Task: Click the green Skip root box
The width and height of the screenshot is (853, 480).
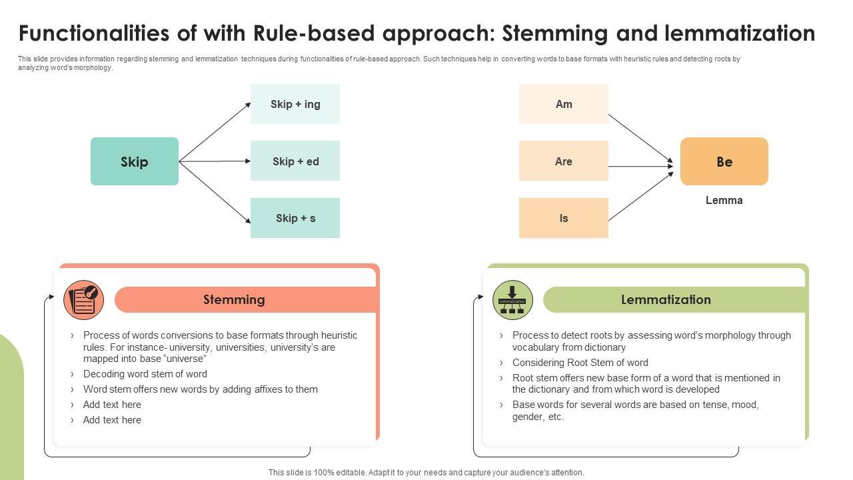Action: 135,161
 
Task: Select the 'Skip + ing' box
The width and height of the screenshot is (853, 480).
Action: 295,104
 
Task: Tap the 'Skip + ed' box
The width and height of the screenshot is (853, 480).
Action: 295,161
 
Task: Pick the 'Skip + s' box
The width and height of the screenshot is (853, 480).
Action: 295,218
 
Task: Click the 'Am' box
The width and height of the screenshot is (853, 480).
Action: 564,104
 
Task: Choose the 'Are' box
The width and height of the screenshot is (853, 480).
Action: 564,161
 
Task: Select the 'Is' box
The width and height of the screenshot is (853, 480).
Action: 564,218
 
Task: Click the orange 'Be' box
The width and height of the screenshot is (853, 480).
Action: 724,161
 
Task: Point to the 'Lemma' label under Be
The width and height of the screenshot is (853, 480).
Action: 724,200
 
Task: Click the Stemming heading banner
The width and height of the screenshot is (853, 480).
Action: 235,300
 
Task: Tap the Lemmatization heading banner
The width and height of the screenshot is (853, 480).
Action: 666,300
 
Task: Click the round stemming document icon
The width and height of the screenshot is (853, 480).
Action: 84,300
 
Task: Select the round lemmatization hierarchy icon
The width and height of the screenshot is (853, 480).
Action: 512,300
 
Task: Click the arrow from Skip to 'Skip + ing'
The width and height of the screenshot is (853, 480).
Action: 215,132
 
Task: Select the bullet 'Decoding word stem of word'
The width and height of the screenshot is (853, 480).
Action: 145,374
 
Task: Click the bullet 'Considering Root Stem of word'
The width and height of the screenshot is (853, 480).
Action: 580,363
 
